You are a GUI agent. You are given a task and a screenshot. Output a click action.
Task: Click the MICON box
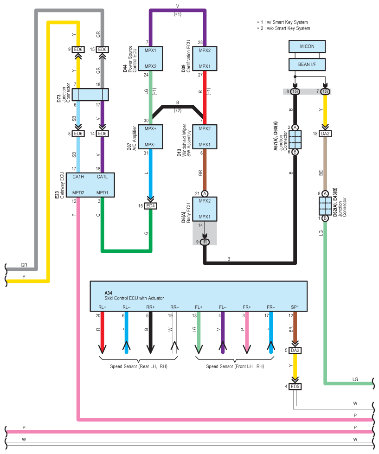pos(307,46)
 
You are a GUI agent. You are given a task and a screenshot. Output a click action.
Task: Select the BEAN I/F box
pos(307,64)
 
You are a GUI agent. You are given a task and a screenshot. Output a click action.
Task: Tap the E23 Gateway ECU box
pos(90,185)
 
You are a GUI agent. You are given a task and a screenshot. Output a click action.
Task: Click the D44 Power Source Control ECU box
pos(150,58)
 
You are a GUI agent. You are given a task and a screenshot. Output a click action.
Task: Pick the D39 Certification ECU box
pos(205,58)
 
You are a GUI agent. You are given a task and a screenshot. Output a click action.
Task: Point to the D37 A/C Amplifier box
pos(150,137)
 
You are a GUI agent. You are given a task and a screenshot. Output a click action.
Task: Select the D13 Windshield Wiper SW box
pos(205,137)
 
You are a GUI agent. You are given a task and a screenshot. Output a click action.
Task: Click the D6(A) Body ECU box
pos(205,209)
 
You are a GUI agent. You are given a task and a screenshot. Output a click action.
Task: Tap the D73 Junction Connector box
pos(90,95)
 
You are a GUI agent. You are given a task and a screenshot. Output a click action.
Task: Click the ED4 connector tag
pos(151,206)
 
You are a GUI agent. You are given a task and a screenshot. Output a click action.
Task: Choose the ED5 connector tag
pos(295,387)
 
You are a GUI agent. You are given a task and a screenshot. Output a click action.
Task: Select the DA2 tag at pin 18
pos(325,134)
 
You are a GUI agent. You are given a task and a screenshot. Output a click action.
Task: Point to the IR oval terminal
pos(205,242)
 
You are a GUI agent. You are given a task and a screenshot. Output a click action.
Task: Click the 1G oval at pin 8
pos(295,91)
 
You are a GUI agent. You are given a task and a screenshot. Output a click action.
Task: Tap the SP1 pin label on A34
pos(295,307)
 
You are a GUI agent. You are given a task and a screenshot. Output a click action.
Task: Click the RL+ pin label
pos(102,307)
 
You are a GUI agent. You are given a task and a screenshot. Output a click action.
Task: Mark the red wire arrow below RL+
pos(102,333)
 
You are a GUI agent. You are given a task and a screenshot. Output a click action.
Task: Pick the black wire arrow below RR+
pos(150,333)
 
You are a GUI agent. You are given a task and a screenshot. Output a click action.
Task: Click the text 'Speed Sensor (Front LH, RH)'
pos(235,366)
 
